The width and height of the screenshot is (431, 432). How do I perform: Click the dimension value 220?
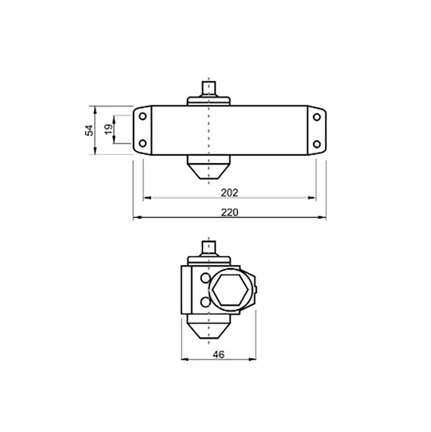tap(229, 213)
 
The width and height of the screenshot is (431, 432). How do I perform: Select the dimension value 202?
tap(229, 193)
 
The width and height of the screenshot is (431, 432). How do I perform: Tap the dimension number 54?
tap(89, 130)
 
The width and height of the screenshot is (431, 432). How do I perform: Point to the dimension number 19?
tap(108, 129)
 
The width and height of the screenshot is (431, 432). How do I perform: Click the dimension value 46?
tap(218, 354)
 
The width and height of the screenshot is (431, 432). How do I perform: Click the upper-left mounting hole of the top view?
tap(143, 116)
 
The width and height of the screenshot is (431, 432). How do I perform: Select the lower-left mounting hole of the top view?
tap(143, 143)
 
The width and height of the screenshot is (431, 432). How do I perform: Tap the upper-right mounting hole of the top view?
tap(317, 117)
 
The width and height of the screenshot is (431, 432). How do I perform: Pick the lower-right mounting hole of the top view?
tap(317, 144)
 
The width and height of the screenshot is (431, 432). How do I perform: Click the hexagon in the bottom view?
tap(231, 290)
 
